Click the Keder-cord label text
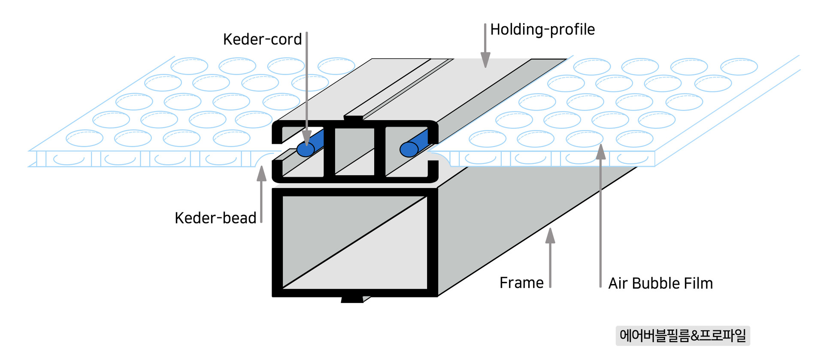pyautogui.click(x=262, y=39)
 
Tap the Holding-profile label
pyautogui.click(x=542, y=30)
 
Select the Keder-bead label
pyautogui.click(x=215, y=218)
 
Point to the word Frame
pyautogui.click(x=521, y=283)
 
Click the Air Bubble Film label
pyautogui.click(x=660, y=283)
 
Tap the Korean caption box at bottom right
pyautogui.click(x=683, y=335)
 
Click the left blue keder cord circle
pyautogui.click(x=306, y=150)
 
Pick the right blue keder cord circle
pyautogui.click(x=409, y=149)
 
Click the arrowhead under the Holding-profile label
pyautogui.click(x=485, y=60)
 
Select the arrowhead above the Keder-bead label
pyautogui.click(x=261, y=174)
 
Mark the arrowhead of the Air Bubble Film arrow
pyautogui.click(x=601, y=152)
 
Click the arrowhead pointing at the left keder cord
pyautogui.click(x=307, y=138)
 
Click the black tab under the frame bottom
pyautogui.click(x=352, y=299)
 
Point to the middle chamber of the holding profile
pyautogui.click(x=354, y=151)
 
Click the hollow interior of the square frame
pyautogui.click(x=354, y=242)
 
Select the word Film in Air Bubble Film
pyautogui.click(x=698, y=283)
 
